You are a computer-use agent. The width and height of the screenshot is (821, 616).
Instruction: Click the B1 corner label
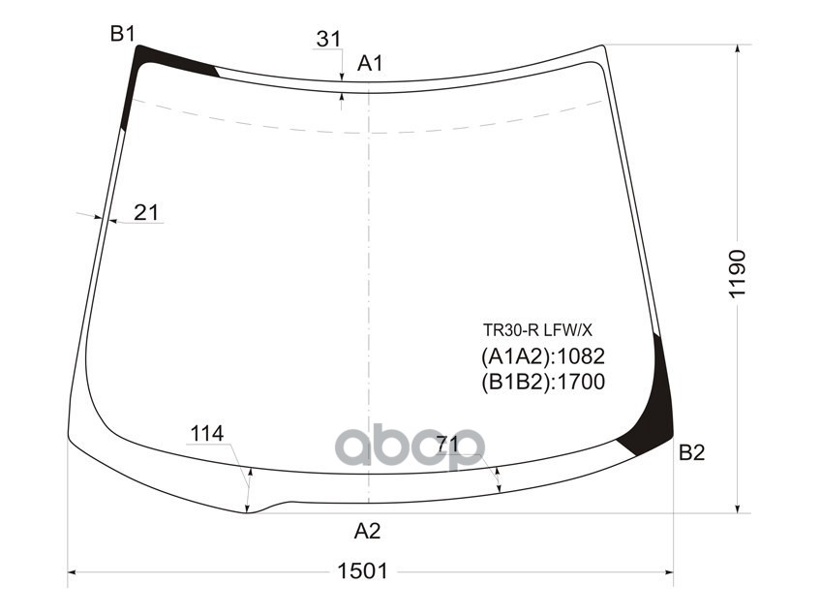coord(122,35)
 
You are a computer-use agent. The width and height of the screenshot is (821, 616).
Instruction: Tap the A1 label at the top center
coord(371,64)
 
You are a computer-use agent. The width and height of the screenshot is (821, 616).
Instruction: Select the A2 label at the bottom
coord(367,531)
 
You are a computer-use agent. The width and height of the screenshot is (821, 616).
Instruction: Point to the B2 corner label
coord(691,452)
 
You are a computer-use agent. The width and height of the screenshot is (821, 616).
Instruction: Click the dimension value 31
coord(328,40)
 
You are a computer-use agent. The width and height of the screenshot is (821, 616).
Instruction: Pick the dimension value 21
coord(146,212)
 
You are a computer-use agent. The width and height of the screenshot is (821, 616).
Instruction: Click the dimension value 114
coord(206,434)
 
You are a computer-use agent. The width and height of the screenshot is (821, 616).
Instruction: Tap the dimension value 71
coord(447,445)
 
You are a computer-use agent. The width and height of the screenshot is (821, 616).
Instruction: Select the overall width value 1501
coord(362,571)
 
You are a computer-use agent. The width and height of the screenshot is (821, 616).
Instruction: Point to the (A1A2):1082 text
coord(542,355)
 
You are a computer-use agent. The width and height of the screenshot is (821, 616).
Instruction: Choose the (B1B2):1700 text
coord(542,383)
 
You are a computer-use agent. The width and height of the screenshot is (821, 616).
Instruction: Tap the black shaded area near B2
coord(654,407)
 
